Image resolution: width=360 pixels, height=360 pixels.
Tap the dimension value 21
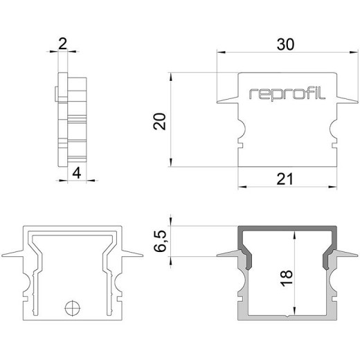[x=286, y=179]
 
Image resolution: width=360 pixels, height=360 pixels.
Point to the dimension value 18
[x=287, y=277]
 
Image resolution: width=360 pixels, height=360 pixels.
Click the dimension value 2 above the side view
[x=62, y=45]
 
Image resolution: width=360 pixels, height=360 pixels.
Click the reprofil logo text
[x=286, y=93]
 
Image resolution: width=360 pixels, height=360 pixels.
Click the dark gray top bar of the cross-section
[x=287, y=230]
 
